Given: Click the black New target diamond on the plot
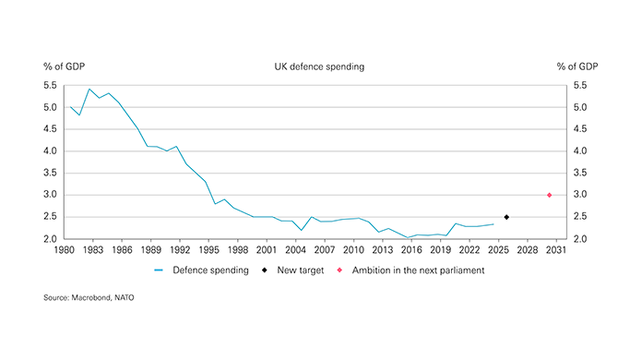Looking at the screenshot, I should [506, 217].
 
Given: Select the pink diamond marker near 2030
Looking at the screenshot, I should [550, 195].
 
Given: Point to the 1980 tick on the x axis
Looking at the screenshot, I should [65, 249].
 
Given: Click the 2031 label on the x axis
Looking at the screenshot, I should [555, 249].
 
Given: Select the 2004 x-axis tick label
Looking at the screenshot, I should [295, 249].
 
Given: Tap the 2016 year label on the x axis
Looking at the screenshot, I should [411, 249].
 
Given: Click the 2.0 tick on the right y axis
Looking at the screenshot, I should [579, 239].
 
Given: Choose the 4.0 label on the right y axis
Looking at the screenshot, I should [579, 151].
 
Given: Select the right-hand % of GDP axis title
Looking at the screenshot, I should [577, 67].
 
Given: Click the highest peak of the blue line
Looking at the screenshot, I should [89, 90].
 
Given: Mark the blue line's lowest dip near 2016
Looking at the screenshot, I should [409, 237].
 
